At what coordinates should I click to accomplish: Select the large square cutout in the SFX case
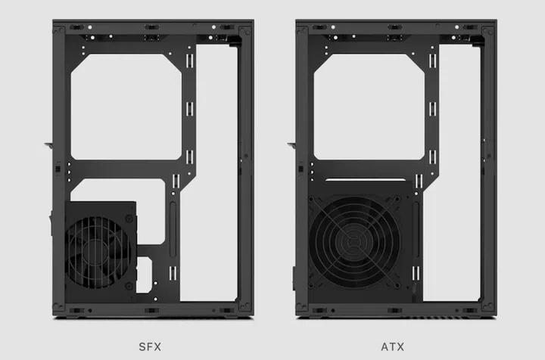pos(126,105)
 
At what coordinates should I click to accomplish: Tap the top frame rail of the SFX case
pos(151,26)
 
